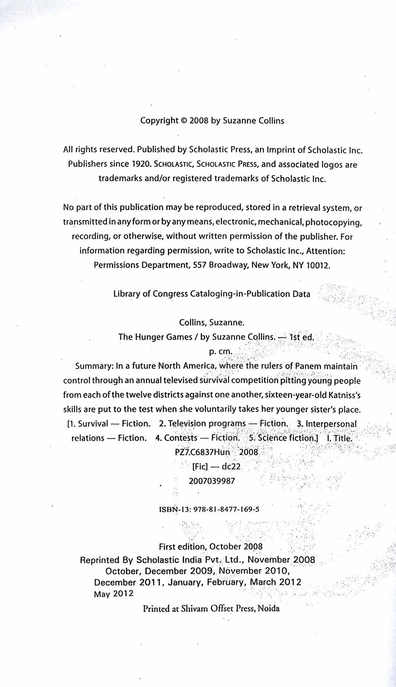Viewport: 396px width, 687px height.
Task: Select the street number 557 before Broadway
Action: (200, 265)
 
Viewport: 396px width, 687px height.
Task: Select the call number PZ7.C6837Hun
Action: (202, 452)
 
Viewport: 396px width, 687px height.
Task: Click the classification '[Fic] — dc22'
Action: (216, 467)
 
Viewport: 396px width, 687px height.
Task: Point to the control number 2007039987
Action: (212, 481)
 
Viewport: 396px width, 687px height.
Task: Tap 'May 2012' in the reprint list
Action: (114, 594)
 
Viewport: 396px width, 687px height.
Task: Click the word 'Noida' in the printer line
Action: (268, 609)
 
